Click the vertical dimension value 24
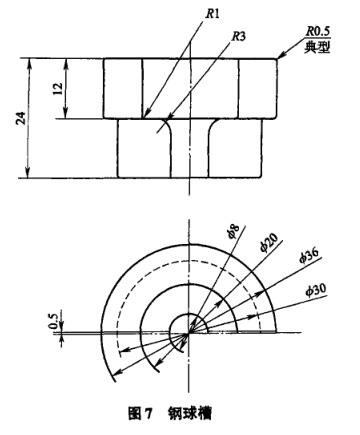click(x=21, y=119)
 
